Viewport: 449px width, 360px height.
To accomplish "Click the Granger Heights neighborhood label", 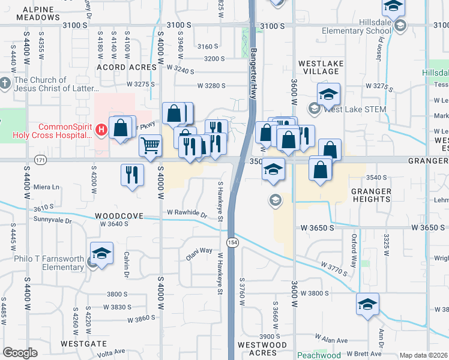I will pyautogui.click(x=371, y=196).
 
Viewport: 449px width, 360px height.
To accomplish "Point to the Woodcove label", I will pyautogui.click(x=118, y=215).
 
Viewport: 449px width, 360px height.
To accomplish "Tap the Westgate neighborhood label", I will pyautogui.click(x=84, y=344).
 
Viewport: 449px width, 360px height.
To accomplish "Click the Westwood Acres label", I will pyautogui.click(x=262, y=349).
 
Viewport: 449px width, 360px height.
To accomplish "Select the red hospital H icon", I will pyautogui.click(x=101, y=129).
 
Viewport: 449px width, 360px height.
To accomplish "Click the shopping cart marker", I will pyautogui.click(x=150, y=145).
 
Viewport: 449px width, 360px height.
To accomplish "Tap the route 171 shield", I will pyautogui.click(x=40, y=161).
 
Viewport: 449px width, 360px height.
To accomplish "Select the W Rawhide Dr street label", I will pyautogui.click(x=187, y=213).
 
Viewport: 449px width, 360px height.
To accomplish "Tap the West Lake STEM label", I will pyautogui.click(x=354, y=109).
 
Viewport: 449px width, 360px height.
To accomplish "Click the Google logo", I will pyautogui.click(x=20, y=352).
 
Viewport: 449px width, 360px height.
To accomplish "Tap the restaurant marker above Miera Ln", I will pyautogui.click(x=132, y=175).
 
